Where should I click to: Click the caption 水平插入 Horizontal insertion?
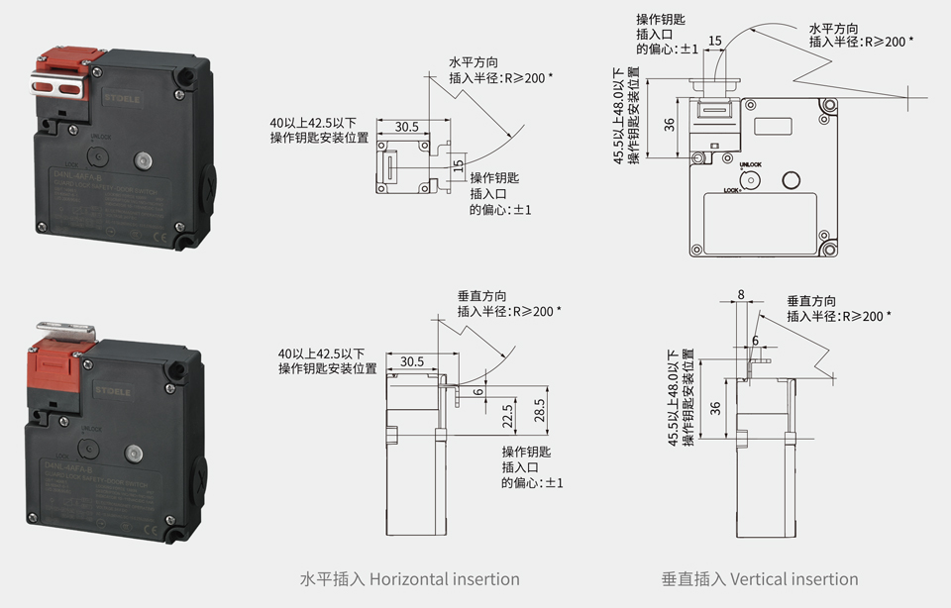(x=409, y=579)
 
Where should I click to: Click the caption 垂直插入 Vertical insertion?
(x=760, y=579)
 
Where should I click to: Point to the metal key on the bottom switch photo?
(x=65, y=328)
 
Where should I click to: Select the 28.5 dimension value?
(x=539, y=411)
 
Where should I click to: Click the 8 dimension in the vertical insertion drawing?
(x=741, y=294)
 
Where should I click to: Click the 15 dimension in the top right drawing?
(x=715, y=41)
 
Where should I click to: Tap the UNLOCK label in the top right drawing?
(x=750, y=163)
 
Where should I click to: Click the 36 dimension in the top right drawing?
(x=670, y=124)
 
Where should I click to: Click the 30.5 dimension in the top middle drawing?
(x=406, y=127)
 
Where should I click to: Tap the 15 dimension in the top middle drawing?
(x=458, y=166)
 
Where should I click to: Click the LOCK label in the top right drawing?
(x=732, y=189)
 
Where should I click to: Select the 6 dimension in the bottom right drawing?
(x=755, y=340)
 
